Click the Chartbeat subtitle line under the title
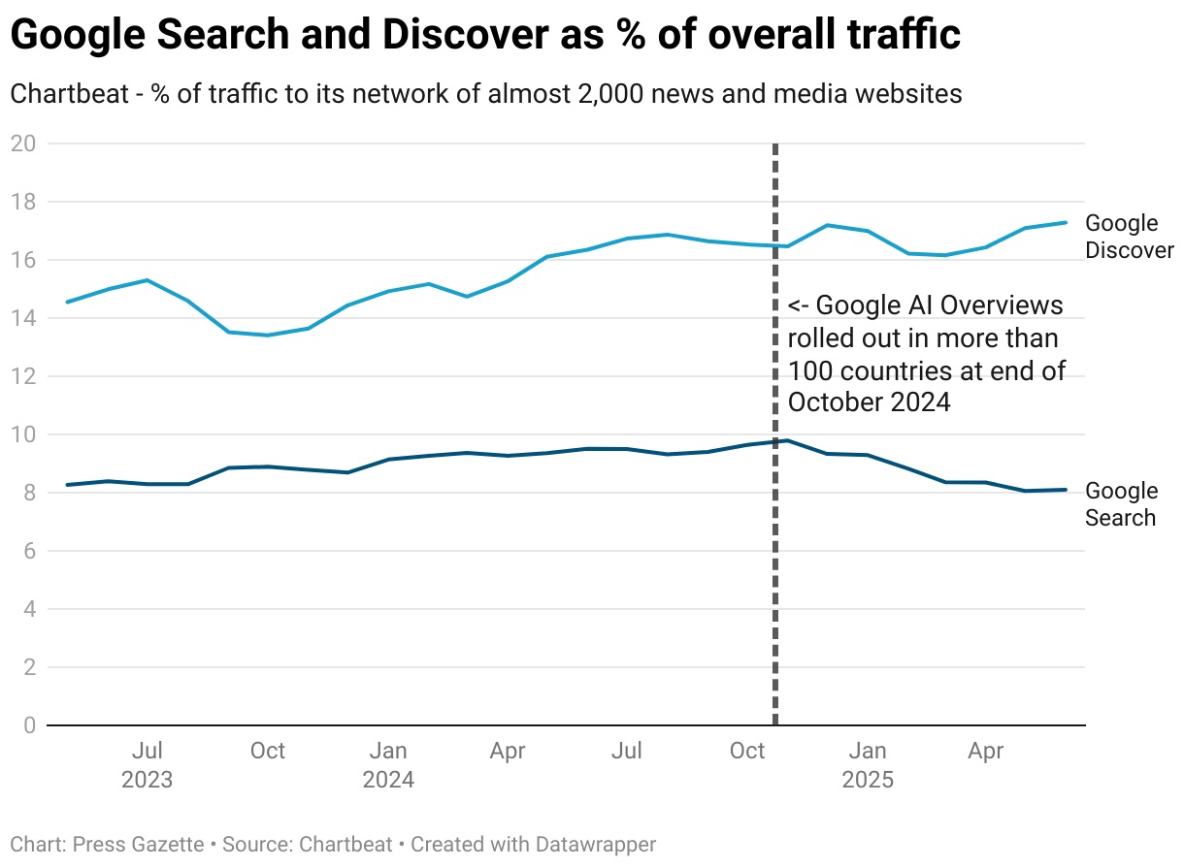pyautogui.click(x=485, y=94)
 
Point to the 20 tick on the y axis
pyautogui.click(x=22, y=144)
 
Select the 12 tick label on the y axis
pyautogui.click(x=22, y=376)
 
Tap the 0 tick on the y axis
pyautogui.click(x=28, y=725)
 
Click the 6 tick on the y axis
pyautogui.click(x=28, y=551)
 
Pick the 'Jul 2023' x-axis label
pyautogui.click(x=147, y=765)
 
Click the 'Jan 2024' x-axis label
pyautogui.click(x=388, y=765)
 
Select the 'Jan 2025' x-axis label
pyautogui.click(x=868, y=765)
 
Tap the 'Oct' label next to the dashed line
pyautogui.click(x=747, y=751)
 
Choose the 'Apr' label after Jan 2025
pyautogui.click(x=987, y=751)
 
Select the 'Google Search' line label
pyautogui.click(x=1121, y=504)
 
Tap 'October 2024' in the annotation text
pyautogui.click(x=869, y=401)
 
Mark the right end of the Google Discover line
pyautogui.click(x=1067, y=222)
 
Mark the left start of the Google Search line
pyautogui.click(x=67, y=485)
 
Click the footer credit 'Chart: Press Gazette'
pyautogui.click(x=107, y=845)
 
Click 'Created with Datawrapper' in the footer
pyautogui.click(x=533, y=845)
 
